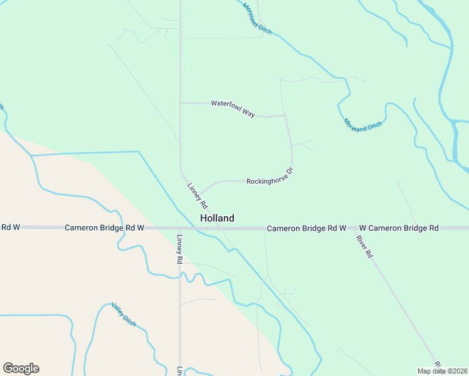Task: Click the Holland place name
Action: coord(217,218)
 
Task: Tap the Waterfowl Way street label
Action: coord(233,108)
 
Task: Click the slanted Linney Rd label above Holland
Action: coord(197,196)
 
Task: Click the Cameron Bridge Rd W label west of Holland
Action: coord(105,227)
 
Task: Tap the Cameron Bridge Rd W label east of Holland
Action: coord(306,228)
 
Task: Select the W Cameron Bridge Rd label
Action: coord(398,228)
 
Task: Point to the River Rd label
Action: coord(364,246)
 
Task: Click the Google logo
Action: coord(21,368)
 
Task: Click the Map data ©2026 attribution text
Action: coord(442,371)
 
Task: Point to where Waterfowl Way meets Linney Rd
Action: coord(181,103)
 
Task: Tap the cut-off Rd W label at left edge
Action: coord(9,227)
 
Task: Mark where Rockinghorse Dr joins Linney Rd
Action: coord(199,194)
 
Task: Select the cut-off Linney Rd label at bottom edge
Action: coord(179,371)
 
